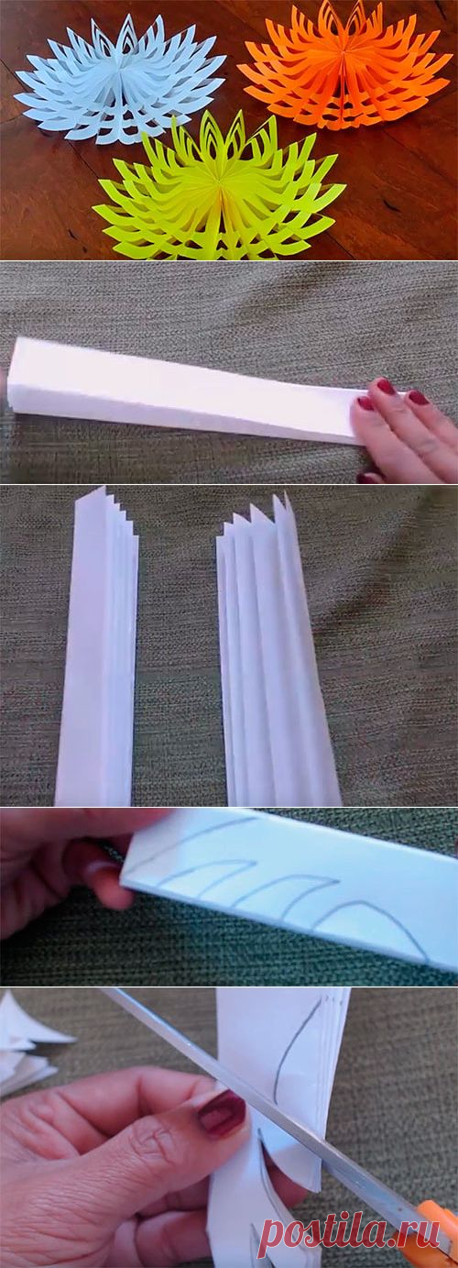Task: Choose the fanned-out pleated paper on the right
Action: (277, 651)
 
